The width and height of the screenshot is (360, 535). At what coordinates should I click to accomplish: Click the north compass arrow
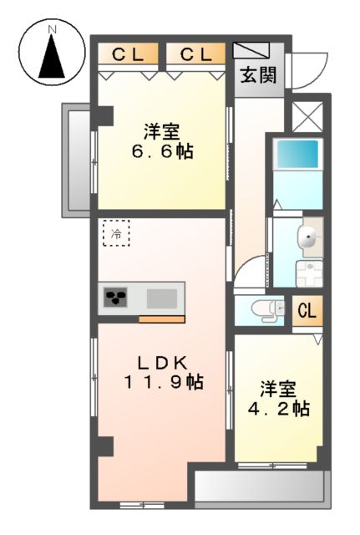[x=52, y=59]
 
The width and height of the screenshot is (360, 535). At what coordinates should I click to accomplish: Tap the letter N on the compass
[x=52, y=30]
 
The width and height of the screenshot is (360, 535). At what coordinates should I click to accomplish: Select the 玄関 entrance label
[x=259, y=75]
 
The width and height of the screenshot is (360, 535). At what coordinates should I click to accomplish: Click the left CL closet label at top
[x=129, y=55]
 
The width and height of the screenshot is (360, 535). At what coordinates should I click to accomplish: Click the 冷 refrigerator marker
[x=116, y=234]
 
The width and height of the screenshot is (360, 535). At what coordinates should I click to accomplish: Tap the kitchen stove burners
[x=114, y=298]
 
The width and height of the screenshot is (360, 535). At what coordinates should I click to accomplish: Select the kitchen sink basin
[x=162, y=298]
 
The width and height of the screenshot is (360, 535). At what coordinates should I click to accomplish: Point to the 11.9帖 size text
[x=164, y=382]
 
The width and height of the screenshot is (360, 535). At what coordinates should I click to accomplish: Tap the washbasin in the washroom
[x=308, y=237]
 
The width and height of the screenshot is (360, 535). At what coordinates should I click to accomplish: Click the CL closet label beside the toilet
[x=307, y=311]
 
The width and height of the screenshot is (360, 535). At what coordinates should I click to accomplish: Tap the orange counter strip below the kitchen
[x=161, y=319]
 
